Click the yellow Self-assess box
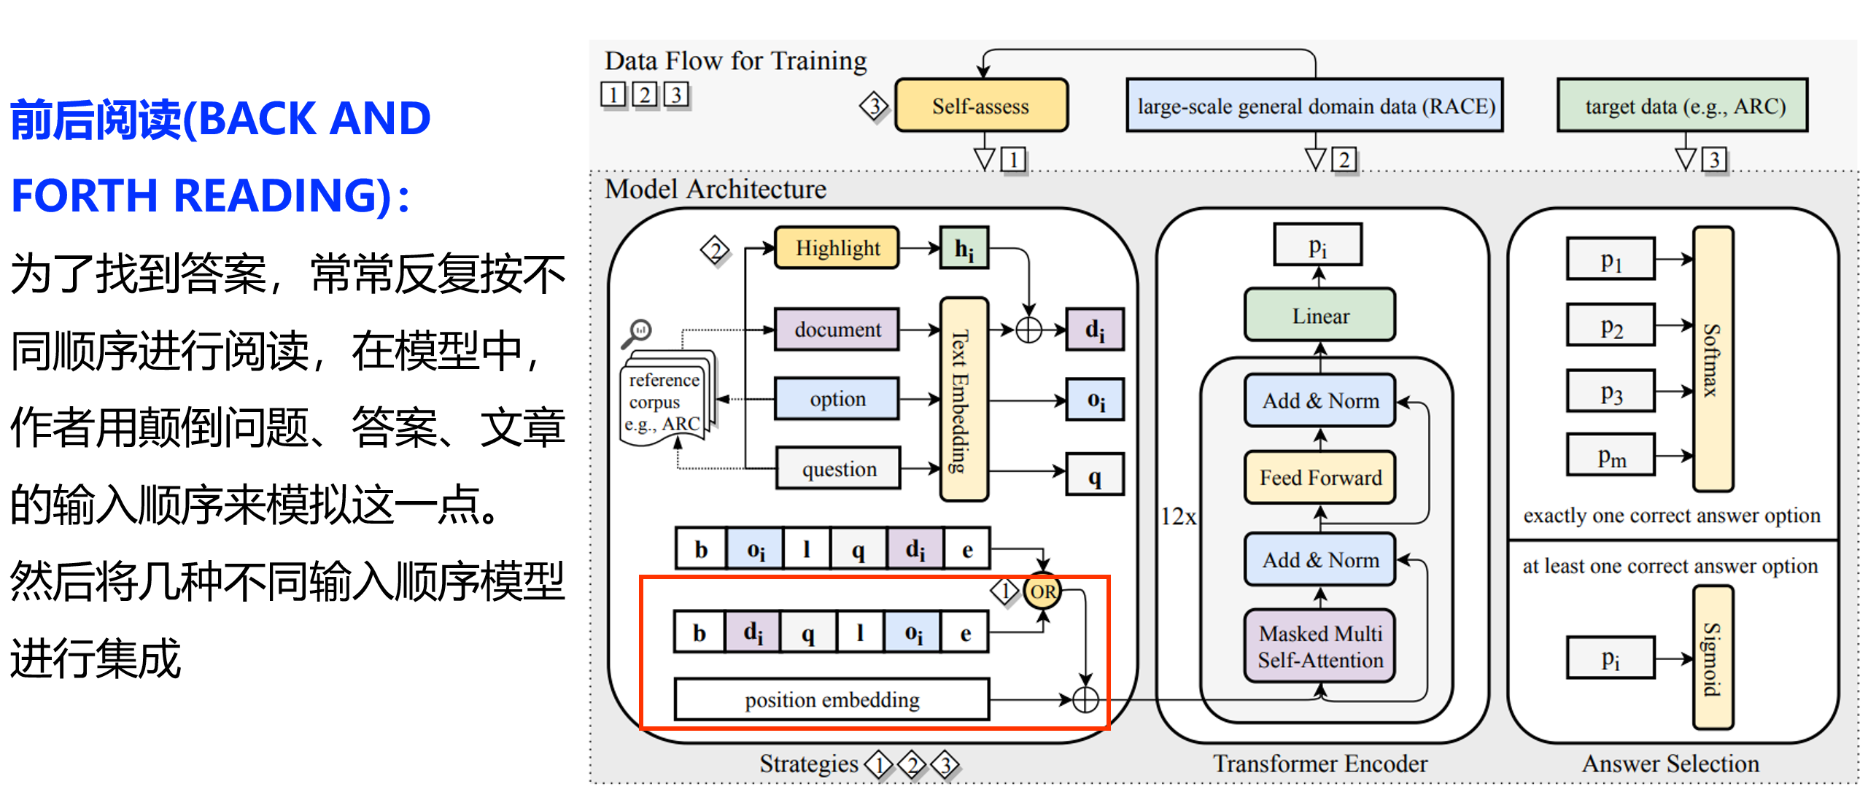[981, 106]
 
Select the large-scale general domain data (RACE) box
[1314, 106]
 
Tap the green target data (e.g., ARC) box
[1683, 106]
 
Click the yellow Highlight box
[837, 248]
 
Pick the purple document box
[837, 330]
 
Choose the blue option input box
[837, 399]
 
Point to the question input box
[838, 468]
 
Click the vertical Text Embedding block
[964, 399]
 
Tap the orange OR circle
[1042, 591]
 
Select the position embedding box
[832, 699]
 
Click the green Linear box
[1319, 315]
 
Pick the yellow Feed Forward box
[1319, 478]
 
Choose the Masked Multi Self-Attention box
[1319, 646]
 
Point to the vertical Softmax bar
[1713, 359]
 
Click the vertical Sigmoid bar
[1713, 658]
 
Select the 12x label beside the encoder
[1179, 517]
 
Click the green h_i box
[964, 249]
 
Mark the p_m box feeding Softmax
[1611, 455]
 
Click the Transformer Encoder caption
[1320, 764]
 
